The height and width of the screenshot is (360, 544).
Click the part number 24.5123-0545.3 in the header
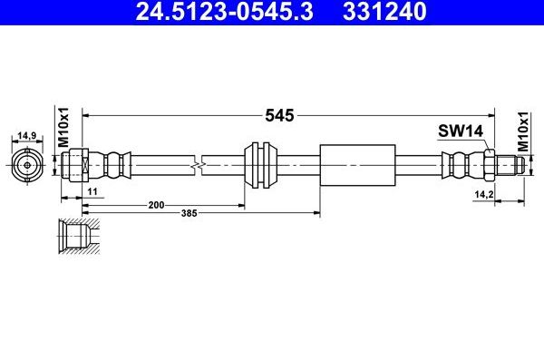pos(225,11)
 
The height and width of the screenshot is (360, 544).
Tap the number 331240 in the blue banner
pos(384,11)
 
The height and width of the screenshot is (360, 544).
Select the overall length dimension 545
pos(279,115)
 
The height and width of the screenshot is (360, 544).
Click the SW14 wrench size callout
pos(461,131)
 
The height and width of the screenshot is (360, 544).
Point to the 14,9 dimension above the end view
pos(27,135)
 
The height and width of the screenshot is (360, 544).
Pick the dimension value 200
pos(156,205)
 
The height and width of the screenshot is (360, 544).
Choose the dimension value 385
pos(189,213)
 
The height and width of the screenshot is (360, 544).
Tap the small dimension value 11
pos(92,191)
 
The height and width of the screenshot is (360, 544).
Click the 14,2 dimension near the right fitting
pos(484,195)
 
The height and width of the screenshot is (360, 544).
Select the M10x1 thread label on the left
pos(63,128)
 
